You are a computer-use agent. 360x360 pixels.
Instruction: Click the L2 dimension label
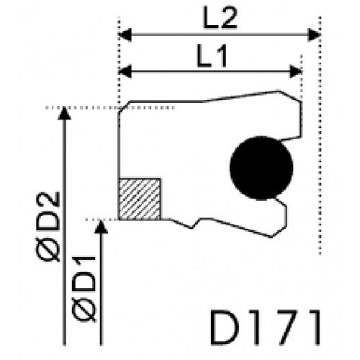click(220, 17)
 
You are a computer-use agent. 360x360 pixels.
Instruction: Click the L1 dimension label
click(212, 55)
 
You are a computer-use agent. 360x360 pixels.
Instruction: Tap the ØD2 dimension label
click(48, 227)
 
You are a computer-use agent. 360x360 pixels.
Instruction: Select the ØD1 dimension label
click(84, 289)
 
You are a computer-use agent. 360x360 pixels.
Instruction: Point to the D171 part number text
click(265, 328)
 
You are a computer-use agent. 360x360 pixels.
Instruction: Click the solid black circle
click(261, 168)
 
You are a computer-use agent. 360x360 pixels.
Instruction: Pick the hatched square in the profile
click(140, 199)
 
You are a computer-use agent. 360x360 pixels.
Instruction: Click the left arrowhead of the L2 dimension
click(125, 35)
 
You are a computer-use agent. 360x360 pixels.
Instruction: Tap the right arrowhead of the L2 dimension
click(314, 35)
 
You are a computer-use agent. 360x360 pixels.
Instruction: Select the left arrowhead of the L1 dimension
click(125, 71)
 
